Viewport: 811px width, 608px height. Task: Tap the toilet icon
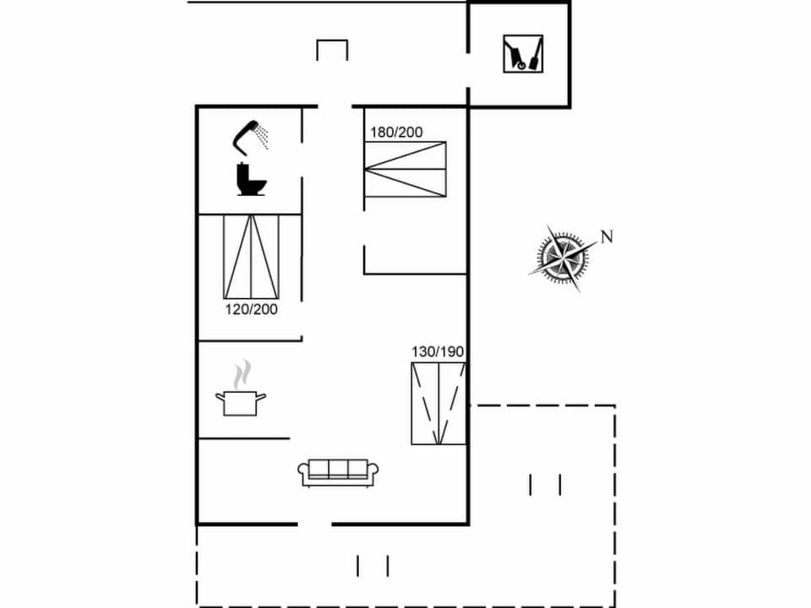(251, 180)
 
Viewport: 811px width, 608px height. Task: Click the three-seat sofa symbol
(338, 473)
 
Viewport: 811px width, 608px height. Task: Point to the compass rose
(560, 255)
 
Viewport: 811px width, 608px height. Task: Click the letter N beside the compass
(606, 236)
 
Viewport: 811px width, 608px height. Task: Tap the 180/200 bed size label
(396, 132)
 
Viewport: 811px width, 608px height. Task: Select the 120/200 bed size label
(251, 309)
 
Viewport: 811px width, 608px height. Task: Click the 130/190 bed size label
(438, 352)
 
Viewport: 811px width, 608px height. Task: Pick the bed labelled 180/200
(405, 169)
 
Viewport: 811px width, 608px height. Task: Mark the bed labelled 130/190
(438, 404)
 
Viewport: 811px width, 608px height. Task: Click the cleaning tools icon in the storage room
(523, 53)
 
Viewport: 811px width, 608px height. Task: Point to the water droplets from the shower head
(264, 135)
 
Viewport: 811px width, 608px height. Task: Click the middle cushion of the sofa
(338, 468)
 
